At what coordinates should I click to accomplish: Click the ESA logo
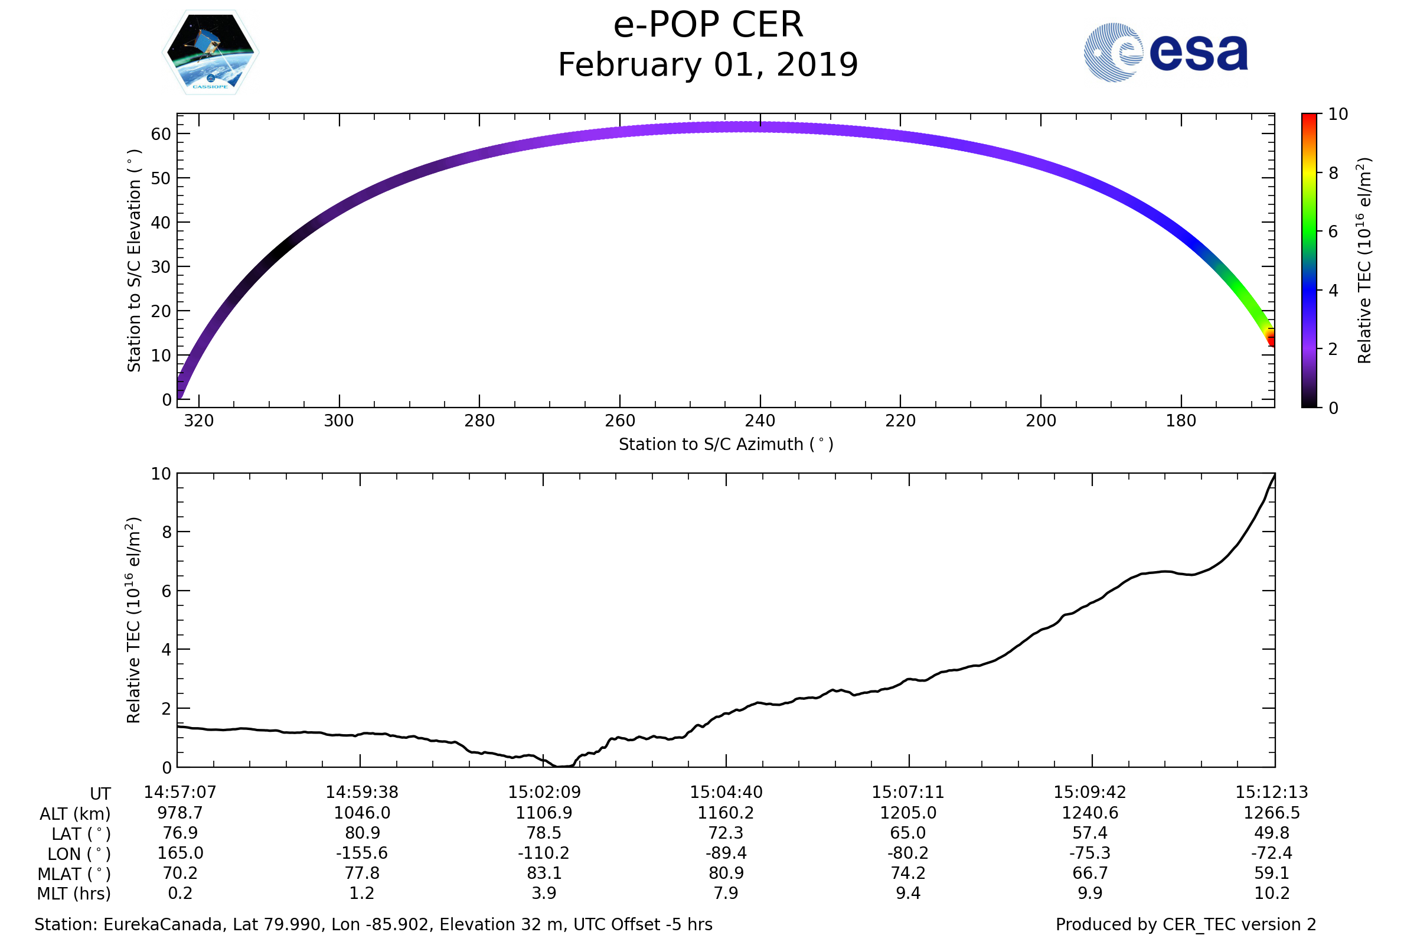click(x=1165, y=53)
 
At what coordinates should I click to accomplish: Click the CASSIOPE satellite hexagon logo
click(x=210, y=53)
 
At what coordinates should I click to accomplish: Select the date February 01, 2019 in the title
click(x=708, y=65)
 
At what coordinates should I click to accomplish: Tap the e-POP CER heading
click(x=708, y=25)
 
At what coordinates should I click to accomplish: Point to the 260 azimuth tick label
click(x=619, y=421)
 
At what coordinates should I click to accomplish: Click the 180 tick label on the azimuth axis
click(x=1181, y=421)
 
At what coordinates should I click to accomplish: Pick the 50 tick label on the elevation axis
click(x=161, y=178)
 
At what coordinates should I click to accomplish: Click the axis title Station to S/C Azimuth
click(x=726, y=445)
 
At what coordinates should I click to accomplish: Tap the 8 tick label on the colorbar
click(x=1333, y=174)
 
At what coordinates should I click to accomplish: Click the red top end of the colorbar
click(x=1308, y=118)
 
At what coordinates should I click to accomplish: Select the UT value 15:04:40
click(x=726, y=793)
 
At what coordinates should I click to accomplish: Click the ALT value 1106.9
click(x=543, y=813)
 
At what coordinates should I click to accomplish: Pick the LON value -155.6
click(x=361, y=853)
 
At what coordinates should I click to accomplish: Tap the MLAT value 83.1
click(x=543, y=874)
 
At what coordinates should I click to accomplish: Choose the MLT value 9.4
click(x=908, y=893)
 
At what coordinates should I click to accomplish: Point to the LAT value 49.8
click(x=1271, y=833)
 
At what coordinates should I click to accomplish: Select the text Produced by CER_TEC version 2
click(x=1186, y=925)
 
